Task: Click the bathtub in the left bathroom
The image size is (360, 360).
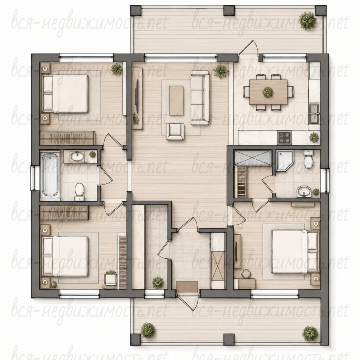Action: [x=49, y=175]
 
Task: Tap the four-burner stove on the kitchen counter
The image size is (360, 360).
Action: [x=285, y=137]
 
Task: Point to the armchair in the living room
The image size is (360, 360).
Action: [x=175, y=132]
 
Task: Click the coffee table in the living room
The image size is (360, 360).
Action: [x=176, y=100]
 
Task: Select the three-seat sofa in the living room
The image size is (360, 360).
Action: [x=200, y=98]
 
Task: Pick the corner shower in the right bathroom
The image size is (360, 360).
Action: [x=285, y=161]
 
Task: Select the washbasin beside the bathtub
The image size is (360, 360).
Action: [x=77, y=157]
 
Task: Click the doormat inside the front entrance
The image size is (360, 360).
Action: [x=187, y=286]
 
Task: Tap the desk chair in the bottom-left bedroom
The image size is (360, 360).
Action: [x=111, y=278]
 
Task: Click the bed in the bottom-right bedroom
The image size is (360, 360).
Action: [x=295, y=252]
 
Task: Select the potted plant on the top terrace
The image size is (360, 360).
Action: [x=307, y=21]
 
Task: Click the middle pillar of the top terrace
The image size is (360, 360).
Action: [x=229, y=10]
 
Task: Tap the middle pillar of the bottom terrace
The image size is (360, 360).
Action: [x=229, y=339]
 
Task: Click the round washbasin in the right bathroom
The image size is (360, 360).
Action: [x=304, y=192]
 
